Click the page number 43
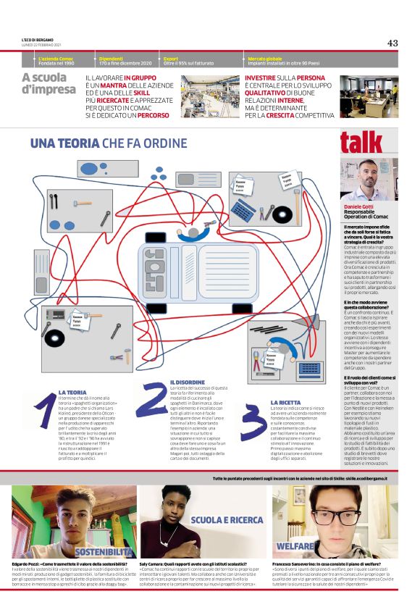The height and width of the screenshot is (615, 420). point(392,43)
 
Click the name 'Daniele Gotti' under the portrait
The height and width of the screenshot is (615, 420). point(359,207)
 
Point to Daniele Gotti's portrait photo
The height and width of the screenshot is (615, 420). point(369,179)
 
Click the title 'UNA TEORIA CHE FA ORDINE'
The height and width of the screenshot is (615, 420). point(98,143)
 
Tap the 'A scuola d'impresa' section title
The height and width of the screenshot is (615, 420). point(49,84)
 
